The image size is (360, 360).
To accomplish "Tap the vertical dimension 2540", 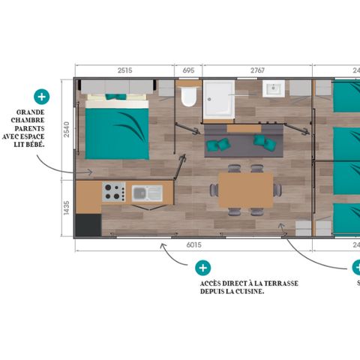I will coord(67,129).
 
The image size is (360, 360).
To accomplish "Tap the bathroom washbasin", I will coord(273,88).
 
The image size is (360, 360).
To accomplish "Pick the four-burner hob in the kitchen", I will coord(113,193).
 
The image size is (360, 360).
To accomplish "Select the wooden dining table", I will coord(246,190).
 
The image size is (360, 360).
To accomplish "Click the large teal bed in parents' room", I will coord(116,130).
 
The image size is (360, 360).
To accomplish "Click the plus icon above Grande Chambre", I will coord(41,97).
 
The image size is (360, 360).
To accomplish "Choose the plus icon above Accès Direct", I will coord(202,268).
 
